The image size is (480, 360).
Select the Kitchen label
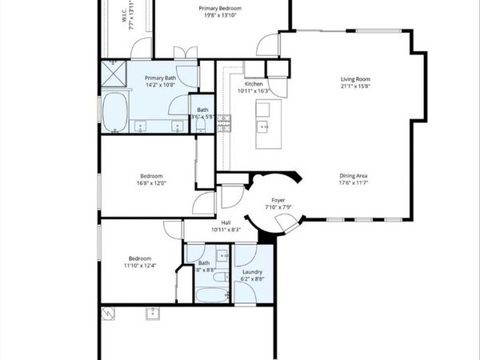click(254, 84)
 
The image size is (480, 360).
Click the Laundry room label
click(254, 273)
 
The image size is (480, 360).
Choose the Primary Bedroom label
click(220, 8)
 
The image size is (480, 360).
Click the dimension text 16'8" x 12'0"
click(153, 182)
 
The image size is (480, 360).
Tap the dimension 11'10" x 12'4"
click(141, 266)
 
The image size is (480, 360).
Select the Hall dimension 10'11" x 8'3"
click(226, 230)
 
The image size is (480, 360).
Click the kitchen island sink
click(262, 126)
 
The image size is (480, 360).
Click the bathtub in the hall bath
click(210, 294)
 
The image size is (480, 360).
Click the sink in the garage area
click(151, 313)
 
